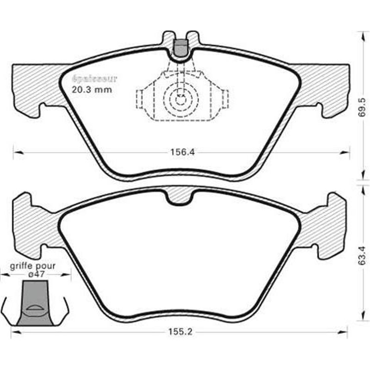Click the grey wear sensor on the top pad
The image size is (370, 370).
[180, 46]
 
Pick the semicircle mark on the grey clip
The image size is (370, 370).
[34, 308]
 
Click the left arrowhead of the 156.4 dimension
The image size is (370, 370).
[16, 151]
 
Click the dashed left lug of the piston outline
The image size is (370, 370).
[140, 99]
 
